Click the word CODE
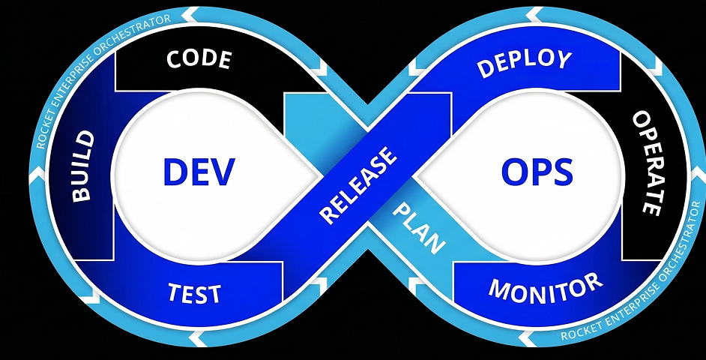199,59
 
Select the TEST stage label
194,292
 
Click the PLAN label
419,228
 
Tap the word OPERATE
646,163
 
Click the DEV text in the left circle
199,172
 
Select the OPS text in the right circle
537,172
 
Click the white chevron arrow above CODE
191,13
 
